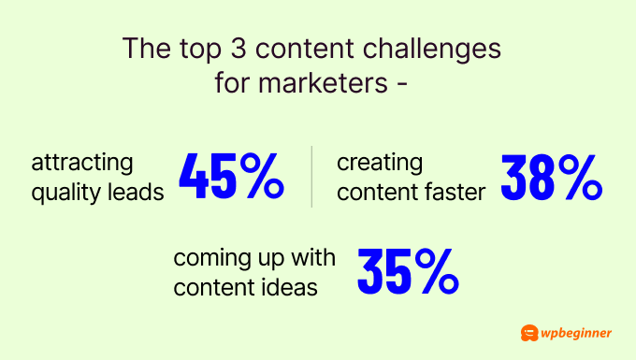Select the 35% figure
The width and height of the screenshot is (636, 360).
(408, 270)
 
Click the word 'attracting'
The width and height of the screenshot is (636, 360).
(83, 164)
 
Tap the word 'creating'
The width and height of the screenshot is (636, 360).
(380, 164)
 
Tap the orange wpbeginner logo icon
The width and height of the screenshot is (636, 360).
(529, 333)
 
